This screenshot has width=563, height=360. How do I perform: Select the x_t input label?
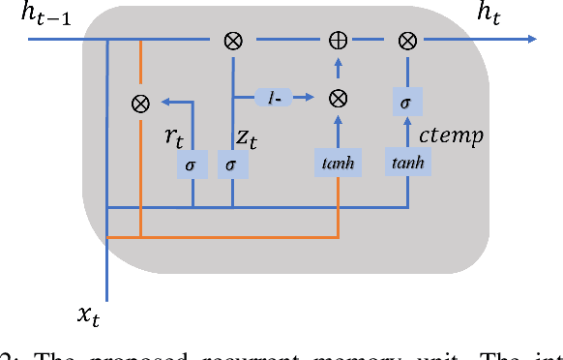tap(90, 315)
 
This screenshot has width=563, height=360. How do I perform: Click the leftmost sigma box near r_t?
tap(191, 165)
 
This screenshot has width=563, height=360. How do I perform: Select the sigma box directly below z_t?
tap(231, 165)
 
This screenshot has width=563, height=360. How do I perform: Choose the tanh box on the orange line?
tap(338, 165)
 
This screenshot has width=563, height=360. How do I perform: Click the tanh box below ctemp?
tap(407, 163)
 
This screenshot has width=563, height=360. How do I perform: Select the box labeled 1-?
tap(274, 98)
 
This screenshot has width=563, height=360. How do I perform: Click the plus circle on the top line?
tap(338, 41)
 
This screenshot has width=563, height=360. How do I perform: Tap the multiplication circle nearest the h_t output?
tap(407, 41)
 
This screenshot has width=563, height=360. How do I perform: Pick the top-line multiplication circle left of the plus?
tap(233, 41)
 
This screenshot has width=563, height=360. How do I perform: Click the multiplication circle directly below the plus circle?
tap(338, 98)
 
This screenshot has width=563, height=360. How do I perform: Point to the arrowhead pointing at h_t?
tap(532, 41)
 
